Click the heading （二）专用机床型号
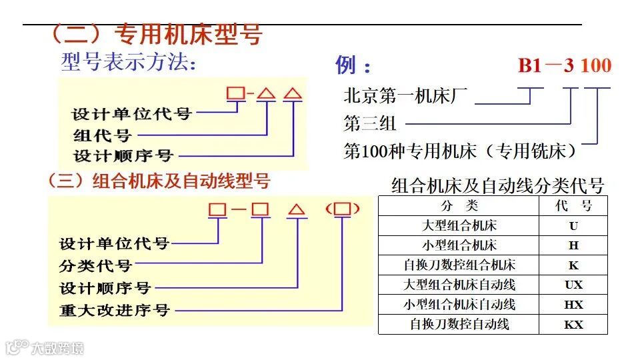coord(156,35)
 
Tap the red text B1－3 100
coord(564,65)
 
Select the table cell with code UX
coord(573,285)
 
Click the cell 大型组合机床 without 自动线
coord(459,225)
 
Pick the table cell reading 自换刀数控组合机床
coord(459,265)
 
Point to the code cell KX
coord(573,325)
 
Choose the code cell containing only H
coord(573,245)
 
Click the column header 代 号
coord(573,205)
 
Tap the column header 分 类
coord(459,205)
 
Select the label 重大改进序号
coord(115,310)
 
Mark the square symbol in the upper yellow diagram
coord(236,93)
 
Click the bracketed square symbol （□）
coord(343,209)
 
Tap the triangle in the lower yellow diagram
coord(297,210)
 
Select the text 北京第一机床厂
coord(406,96)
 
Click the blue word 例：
coord(353,65)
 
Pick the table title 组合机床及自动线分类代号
coord(497,185)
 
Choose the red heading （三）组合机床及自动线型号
coord(159,181)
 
